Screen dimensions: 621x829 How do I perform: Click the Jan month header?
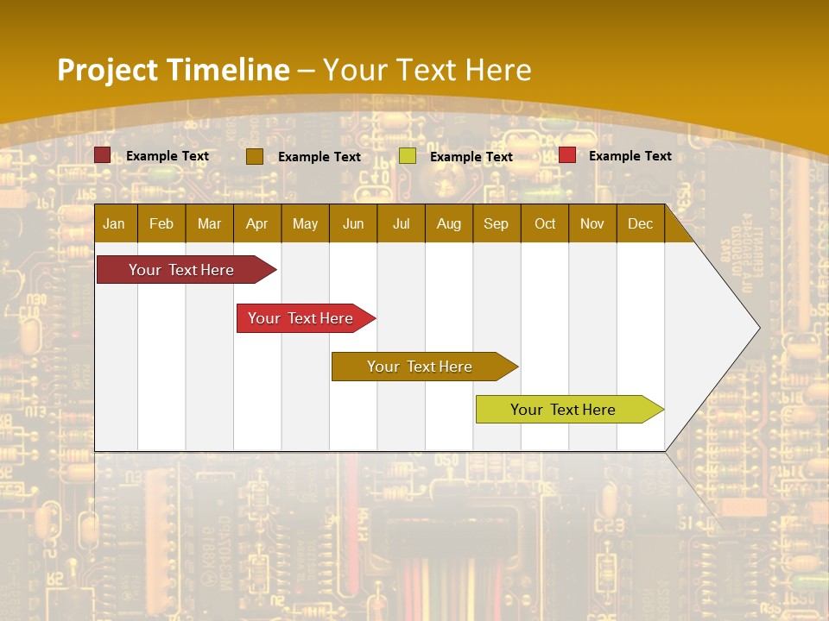coord(114,223)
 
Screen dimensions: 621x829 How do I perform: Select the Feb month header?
coord(161,223)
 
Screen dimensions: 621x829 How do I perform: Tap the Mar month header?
coord(209,223)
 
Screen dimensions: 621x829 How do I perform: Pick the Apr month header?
coord(256,223)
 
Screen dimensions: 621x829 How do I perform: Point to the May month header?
coord(305,223)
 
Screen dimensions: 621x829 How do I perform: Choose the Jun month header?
coord(353,223)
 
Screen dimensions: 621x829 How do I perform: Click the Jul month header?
coord(401,223)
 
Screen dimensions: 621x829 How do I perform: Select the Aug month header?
coord(448,223)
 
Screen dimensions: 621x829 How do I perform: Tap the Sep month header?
coord(496,223)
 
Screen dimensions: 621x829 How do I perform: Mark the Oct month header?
coord(545,223)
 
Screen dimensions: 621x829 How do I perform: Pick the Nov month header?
coord(592,223)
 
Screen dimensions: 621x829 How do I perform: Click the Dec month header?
coord(640,223)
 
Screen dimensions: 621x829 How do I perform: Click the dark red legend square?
coord(103,155)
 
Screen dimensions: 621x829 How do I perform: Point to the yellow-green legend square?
coord(408,156)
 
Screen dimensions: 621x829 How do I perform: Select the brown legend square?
coord(255,156)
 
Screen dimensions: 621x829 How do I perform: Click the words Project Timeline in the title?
coord(174,70)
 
